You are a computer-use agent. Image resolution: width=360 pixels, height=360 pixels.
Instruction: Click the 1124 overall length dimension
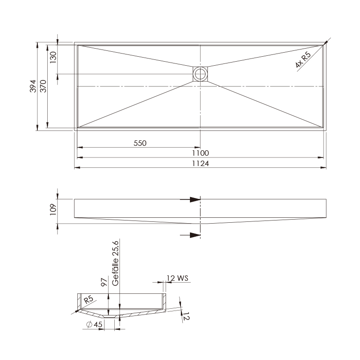click(x=200, y=163)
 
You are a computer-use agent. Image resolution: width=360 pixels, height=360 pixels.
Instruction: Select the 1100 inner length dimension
click(x=200, y=153)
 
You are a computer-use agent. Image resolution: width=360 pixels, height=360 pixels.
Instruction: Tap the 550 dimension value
click(x=140, y=143)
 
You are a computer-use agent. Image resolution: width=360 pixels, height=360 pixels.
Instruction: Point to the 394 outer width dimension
click(x=33, y=86)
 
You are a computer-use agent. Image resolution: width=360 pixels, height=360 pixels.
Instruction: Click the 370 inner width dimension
click(x=43, y=86)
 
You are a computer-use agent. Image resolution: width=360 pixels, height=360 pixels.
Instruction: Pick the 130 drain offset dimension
click(x=53, y=58)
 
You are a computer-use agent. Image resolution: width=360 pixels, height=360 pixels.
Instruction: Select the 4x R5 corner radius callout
click(x=303, y=60)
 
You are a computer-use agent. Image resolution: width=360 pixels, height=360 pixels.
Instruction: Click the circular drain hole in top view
click(x=200, y=74)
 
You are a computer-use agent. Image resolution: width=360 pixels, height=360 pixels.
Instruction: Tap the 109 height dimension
click(x=53, y=209)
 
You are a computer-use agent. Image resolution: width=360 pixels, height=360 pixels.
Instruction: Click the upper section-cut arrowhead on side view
click(x=195, y=199)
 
